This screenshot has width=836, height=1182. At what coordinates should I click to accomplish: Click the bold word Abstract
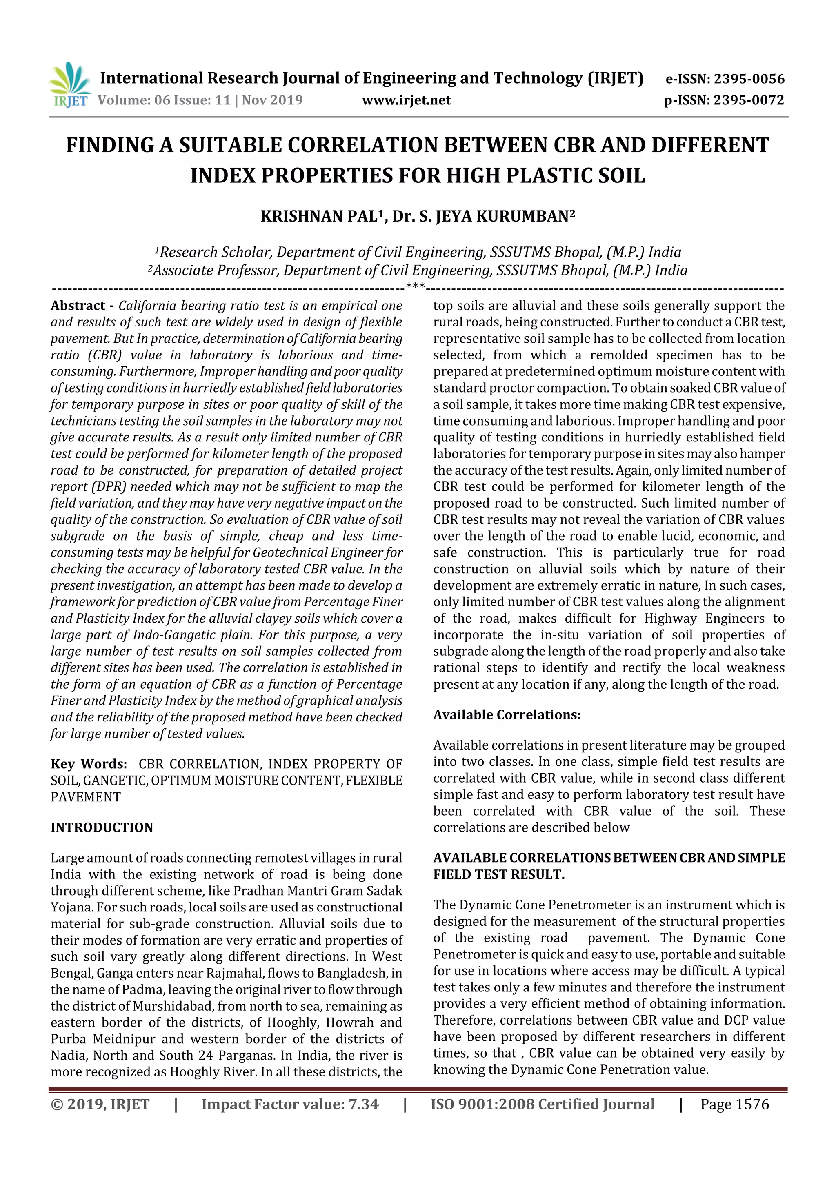[78, 306]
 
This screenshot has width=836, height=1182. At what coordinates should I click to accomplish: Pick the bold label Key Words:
[89, 764]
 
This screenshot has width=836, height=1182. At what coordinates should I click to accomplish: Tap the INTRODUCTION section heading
[102, 827]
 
